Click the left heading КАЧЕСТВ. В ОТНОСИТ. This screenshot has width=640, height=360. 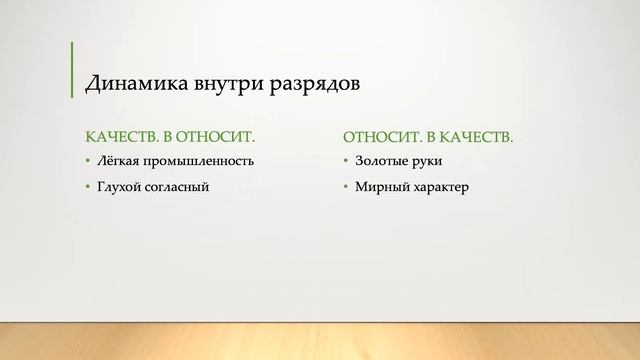(x=170, y=135)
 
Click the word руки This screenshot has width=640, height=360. (x=426, y=161)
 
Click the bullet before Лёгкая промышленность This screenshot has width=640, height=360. (x=88, y=161)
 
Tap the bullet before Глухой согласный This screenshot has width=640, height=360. (x=88, y=187)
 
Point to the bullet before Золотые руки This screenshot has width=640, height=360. (x=346, y=161)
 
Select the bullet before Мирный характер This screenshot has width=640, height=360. (x=346, y=187)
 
